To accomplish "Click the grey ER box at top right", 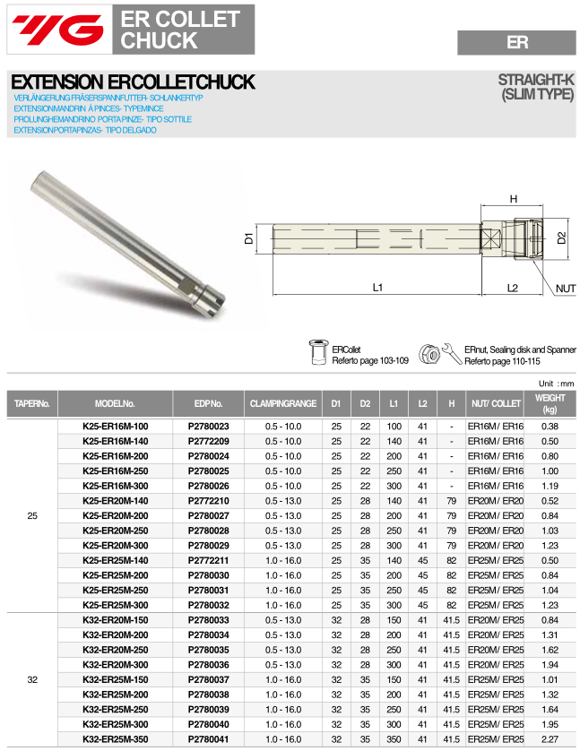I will tap(516, 42).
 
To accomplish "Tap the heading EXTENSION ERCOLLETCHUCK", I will tap(134, 82).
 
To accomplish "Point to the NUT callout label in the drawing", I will tap(565, 289).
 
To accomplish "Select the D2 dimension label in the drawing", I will tap(562, 238).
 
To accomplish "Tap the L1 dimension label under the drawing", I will tap(377, 288).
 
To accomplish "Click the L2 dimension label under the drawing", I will tap(513, 288).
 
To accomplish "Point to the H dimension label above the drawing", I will tap(514, 199).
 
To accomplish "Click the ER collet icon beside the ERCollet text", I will tap(317, 353).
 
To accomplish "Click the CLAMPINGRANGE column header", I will tap(282, 404).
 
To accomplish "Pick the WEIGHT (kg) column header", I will tap(550, 403).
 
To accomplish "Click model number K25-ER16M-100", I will tap(115, 427).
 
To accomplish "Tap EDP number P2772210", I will tap(208, 500).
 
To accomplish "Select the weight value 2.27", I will tap(550, 739).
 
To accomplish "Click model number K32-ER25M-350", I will tap(115, 739).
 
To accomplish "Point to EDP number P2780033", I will tap(208, 618).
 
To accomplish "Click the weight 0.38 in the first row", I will tap(550, 427).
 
